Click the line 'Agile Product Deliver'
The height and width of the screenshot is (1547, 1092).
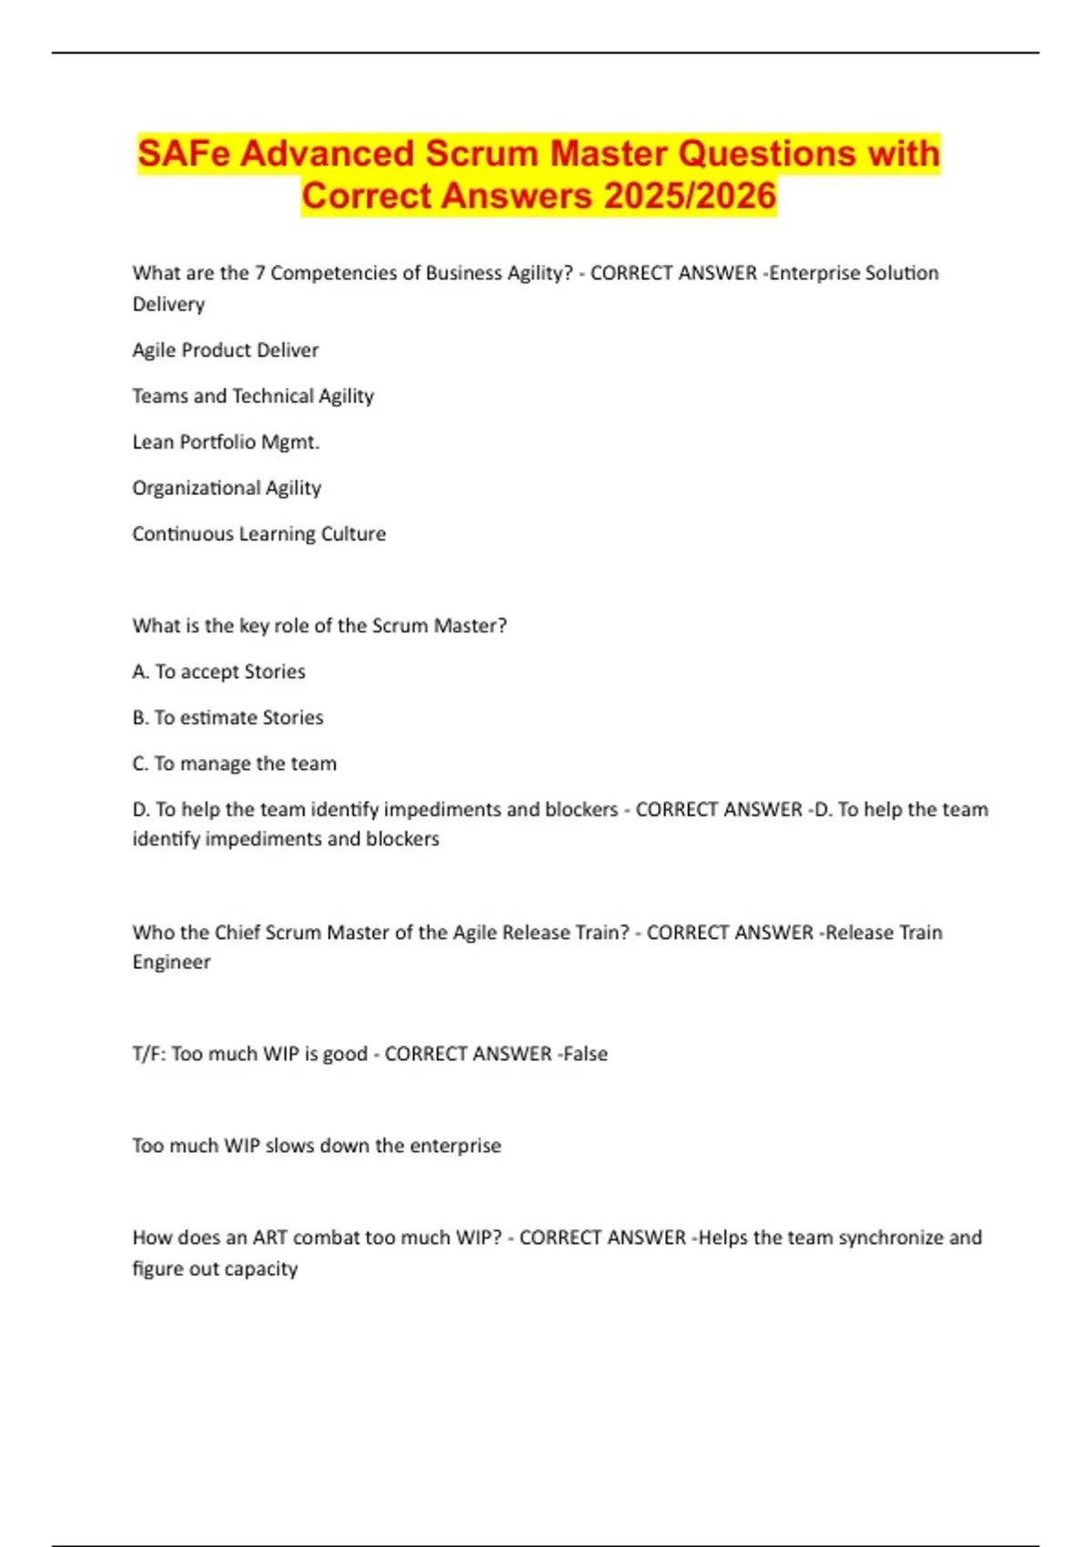(226, 350)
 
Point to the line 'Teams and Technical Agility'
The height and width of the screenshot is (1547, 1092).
(253, 396)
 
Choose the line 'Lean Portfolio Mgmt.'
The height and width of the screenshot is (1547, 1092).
(226, 442)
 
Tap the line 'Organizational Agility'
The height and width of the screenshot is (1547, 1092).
(227, 488)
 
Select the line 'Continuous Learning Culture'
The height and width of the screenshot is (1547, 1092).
(258, 534)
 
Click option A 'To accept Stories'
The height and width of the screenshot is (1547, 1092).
(218, 672)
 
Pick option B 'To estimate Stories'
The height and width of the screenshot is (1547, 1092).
(227, 718)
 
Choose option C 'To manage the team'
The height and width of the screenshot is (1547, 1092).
(234, 763)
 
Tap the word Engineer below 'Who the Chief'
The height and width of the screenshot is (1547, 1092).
(171, 962)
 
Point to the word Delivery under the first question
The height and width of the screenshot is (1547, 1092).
(168, 304)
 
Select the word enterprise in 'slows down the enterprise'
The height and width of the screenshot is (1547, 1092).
(455, 1146)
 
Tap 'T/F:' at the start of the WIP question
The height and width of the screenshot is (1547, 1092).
(148, 1054)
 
